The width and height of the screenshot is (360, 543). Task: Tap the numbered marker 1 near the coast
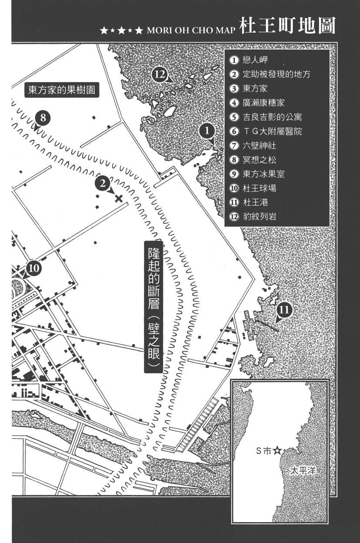point(207,130)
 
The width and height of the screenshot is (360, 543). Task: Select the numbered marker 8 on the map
point(43,117)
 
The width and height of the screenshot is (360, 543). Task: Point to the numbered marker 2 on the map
point(102,184)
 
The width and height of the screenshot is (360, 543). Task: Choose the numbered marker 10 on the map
point(34,268)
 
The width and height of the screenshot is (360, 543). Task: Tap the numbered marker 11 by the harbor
point(284,310)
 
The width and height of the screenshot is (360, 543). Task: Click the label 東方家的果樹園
point(61,90)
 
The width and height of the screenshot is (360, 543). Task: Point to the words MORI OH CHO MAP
point(192,31)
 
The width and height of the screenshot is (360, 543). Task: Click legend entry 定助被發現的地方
point(276,74)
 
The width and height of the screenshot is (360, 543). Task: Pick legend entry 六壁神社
point(259,146)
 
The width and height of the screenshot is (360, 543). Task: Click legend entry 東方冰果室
point(264,174)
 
